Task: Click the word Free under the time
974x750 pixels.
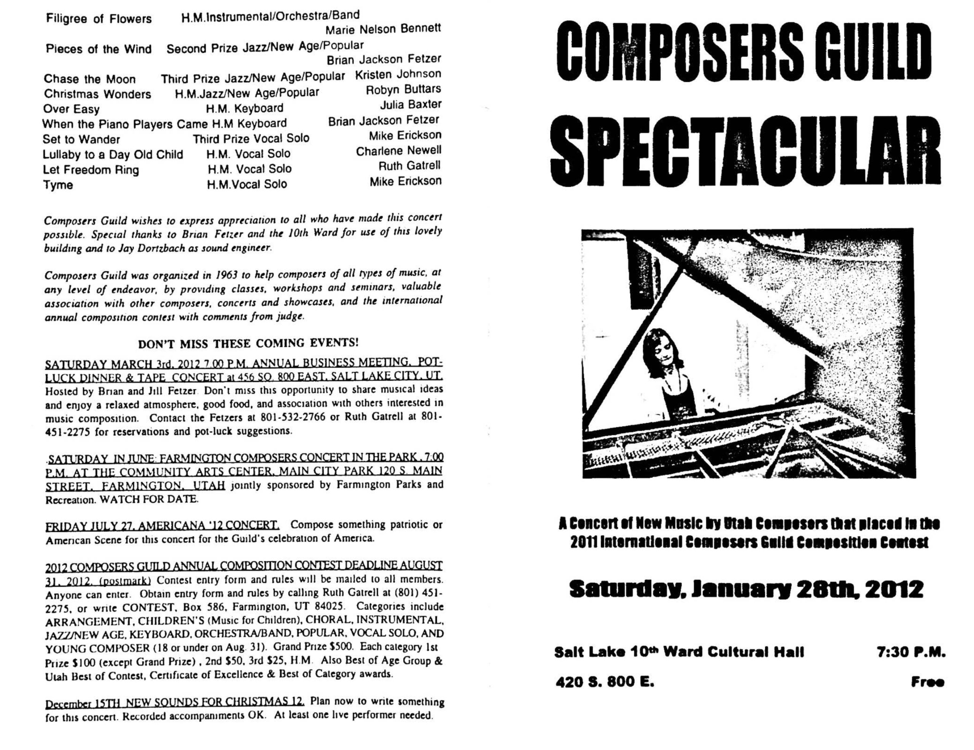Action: click(x=927, y=682)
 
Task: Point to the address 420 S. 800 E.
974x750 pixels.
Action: click(x=604, y=682)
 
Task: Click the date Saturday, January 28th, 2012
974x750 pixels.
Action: click(x=746, y=589)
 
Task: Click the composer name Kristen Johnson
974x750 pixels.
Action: click(x=398, y=75)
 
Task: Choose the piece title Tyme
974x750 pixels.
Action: click(x=58, y=185)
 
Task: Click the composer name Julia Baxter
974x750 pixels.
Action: click(x=410, y=105)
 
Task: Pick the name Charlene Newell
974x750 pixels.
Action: click(x=398, y=151)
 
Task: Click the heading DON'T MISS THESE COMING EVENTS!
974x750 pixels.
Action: click(x=248, y=343)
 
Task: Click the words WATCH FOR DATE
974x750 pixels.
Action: click(x=149, y=499)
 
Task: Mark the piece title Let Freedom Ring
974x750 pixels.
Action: click(x=91, y=170)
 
